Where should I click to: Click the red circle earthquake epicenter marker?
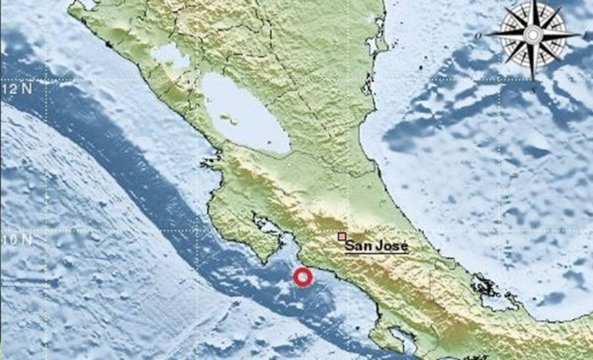coord(302,277)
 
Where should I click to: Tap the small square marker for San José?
coord(341,236)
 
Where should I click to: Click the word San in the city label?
coord(356,246)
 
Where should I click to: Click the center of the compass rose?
coord(532,35)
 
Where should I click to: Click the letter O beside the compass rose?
coord(478,36)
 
